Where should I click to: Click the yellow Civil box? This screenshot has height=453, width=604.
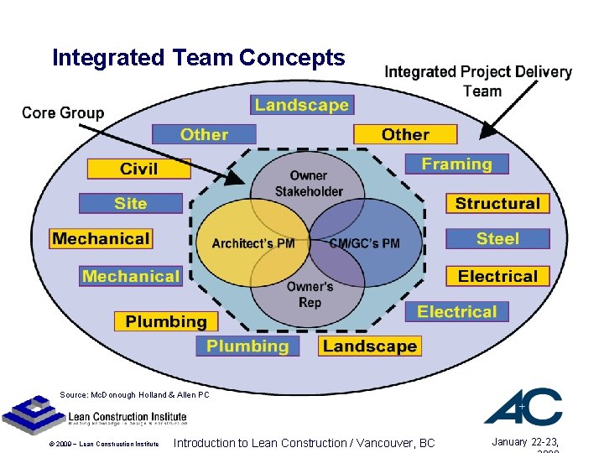point(138,169)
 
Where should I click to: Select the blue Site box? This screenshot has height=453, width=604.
point(131,203)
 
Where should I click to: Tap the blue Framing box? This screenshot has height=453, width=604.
point(456,164)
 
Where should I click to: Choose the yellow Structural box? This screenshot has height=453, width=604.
point(497,203)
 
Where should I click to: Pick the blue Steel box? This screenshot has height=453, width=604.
point(497,238)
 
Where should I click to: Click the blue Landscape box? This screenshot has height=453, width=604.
point(302,105)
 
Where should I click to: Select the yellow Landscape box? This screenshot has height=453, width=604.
point(369,346)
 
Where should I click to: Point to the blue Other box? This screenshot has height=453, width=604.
point(204,134)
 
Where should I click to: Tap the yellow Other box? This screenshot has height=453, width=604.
point(405,134)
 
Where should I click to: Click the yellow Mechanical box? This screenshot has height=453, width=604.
point(101,238)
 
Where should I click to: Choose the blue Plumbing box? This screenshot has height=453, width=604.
point(247,346)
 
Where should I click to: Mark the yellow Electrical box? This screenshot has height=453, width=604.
point(497,276)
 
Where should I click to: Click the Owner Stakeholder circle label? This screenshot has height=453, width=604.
point(309,184)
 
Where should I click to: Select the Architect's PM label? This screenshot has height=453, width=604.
point(253,243)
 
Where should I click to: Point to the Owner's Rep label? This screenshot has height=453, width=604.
point(310,294)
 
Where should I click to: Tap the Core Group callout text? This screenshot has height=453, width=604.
point(63,112)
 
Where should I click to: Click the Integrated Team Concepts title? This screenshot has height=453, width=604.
point(198,58)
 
